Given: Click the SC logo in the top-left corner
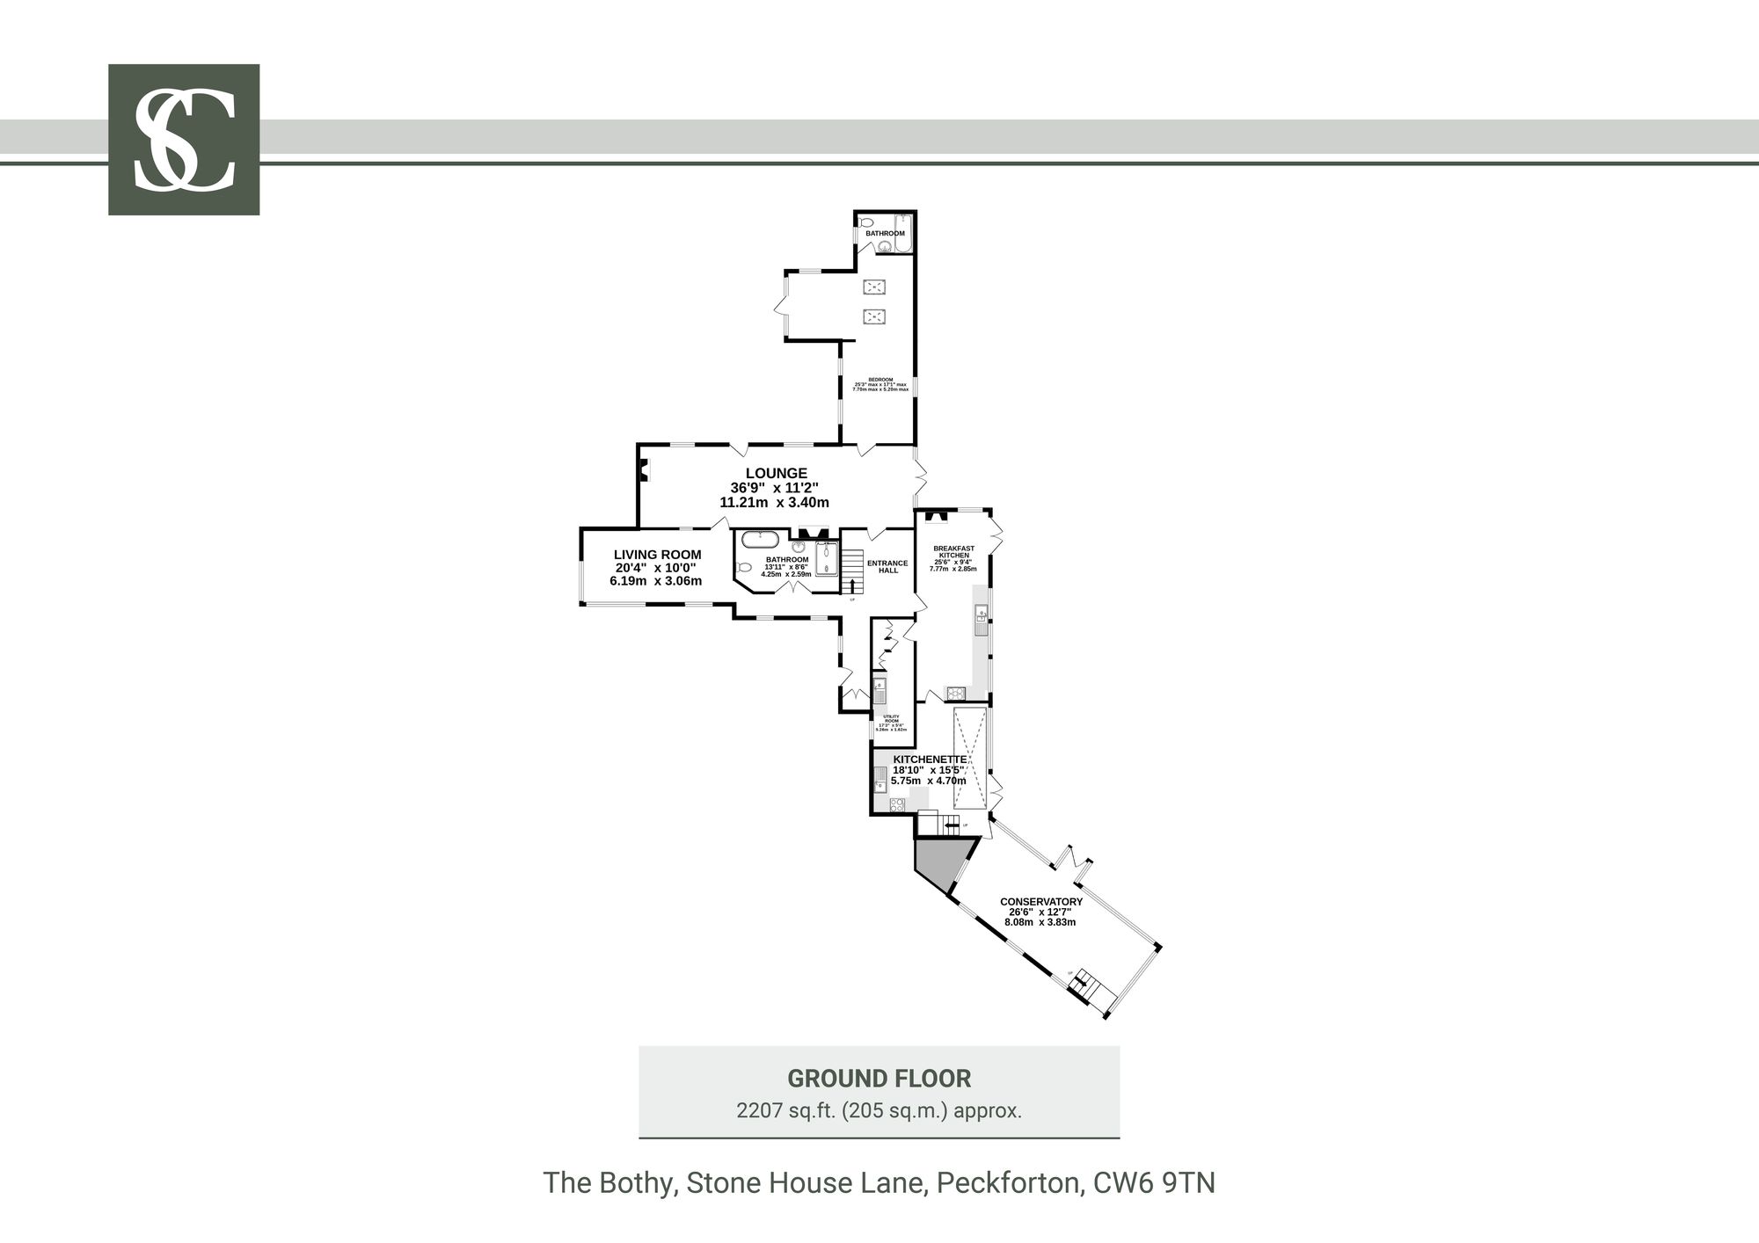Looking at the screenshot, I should coord(184,139).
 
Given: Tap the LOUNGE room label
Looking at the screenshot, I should coord(776,473).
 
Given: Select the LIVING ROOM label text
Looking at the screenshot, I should coord(657,555).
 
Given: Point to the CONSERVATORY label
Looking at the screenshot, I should coord(1041,902).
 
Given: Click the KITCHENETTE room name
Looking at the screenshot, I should coord(930,759).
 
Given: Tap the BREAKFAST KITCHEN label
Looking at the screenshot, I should coord(953,552).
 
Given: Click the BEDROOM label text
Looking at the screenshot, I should coord(879,380).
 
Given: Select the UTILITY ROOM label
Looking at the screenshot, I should coord(891,719).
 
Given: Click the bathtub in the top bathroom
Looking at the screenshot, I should coord(902,234).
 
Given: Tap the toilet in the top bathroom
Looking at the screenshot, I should coord(866,222).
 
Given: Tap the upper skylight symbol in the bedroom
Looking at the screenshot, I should coord(874,287).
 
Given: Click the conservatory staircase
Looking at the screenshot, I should coord(1091,990).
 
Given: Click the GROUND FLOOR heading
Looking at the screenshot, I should coord(879,1078).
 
